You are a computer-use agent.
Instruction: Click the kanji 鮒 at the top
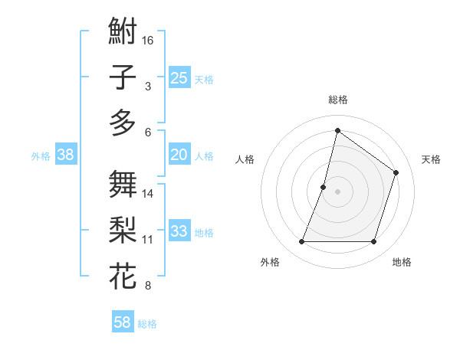point(123,34)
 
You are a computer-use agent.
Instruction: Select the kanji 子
point(123,78)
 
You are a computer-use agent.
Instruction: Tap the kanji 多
point(123,123)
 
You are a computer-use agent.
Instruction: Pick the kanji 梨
point(123,230)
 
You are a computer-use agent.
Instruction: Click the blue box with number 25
point(179,78)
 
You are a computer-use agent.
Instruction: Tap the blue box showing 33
point(179,231)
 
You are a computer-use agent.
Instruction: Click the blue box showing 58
point(123,322)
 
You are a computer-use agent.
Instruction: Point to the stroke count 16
point(149,40)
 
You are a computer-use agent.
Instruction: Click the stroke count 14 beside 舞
point(149,194)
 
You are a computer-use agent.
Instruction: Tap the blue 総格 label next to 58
point(147,324)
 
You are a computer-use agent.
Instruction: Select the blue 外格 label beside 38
point(41,156)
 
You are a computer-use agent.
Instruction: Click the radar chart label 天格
point(431,159)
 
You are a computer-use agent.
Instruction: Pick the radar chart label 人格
point(245,159)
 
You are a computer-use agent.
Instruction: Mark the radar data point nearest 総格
point(337,131)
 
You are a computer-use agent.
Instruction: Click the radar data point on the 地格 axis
point(373,242)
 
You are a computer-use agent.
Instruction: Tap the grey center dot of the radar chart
point(337,191)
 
